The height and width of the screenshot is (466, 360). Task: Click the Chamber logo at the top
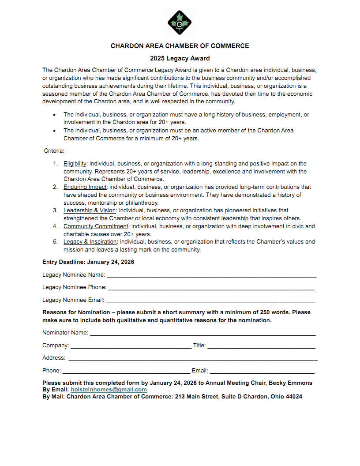coord(180,22)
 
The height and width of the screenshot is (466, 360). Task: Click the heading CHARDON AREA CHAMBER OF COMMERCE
coord(180,46)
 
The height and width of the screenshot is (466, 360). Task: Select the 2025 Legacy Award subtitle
coord(180,58)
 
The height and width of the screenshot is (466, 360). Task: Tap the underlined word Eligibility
coord(75,164)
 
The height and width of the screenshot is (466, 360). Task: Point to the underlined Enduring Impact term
coord(85,187)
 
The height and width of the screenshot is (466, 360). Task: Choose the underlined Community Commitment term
coord(96,226)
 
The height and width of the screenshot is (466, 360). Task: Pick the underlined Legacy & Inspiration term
coord(90,242)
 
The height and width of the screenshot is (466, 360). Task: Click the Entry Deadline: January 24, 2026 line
coord(88,262)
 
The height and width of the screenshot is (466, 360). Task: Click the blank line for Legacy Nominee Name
coord(212,276)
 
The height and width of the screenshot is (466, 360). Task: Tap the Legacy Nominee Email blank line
coord(210,301)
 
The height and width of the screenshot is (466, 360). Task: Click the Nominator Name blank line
coord(203,334)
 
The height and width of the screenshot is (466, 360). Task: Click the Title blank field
coord(261,346)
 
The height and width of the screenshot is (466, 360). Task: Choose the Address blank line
coord(192,359)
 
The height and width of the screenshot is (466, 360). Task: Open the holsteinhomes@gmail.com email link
coord(109,390)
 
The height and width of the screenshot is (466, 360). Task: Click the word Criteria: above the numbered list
coord(54,151)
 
